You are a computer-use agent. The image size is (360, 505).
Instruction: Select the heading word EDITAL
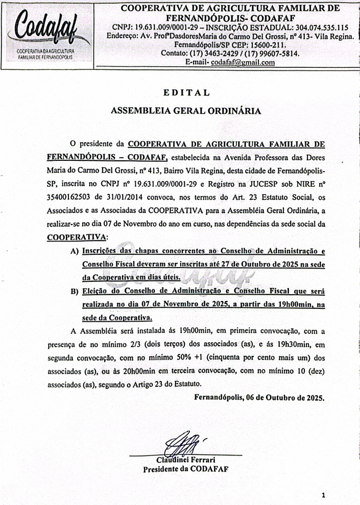[x=186, y=93]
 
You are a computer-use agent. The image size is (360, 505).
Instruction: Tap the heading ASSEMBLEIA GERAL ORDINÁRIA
[x=186, y=110]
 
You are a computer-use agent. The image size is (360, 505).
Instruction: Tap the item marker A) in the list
[x=75, y=252]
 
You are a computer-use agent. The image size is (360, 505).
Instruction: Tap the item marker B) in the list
[x=75, y=292]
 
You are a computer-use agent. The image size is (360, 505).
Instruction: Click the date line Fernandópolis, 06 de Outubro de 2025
[x=259, y=397]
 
